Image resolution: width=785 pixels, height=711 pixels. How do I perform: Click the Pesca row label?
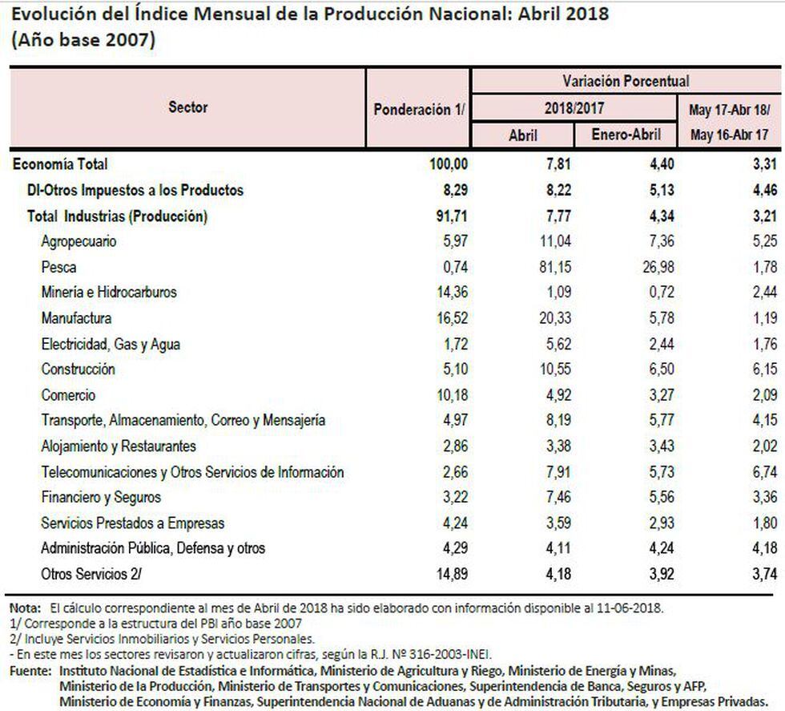click(x=58, y=267)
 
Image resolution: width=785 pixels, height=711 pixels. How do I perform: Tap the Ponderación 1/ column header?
click(x=419, y=110)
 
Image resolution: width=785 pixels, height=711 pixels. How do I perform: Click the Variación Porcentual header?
click(x=626, y=81)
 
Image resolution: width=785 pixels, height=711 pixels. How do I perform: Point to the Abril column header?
click(x=523, y=135)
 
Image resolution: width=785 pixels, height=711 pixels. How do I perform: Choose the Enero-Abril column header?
click(x=626, y=135)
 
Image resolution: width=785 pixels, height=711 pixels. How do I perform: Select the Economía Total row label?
click(x=60, y=164)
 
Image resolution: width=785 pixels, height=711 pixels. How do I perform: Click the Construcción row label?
click(x=78, y=370)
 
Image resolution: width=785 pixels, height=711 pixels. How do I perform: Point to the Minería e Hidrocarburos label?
click(x=109, y=293)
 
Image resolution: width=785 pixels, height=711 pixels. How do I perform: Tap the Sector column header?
click(x=187, y=107)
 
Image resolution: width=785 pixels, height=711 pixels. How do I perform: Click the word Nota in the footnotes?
click(x=22, y=608)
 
